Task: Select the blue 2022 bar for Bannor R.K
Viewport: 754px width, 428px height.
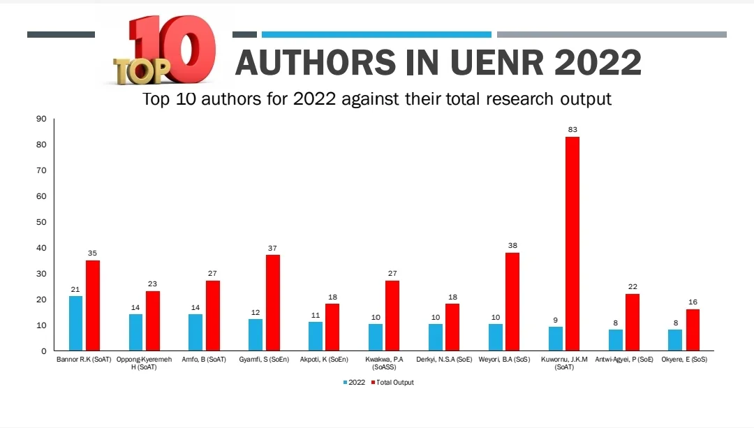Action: pos(75,323)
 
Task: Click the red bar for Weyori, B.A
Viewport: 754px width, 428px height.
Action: pos(512,301)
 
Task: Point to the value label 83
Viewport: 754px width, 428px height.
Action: pos(572,130)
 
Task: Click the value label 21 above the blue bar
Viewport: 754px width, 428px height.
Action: pos(75,289)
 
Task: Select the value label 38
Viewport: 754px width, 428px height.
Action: pos(512,246)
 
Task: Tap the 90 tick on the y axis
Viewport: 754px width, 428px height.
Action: pos(40,119)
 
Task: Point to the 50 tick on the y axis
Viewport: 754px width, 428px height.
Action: pos(40,222)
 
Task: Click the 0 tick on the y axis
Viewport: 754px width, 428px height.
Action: pos(43,351)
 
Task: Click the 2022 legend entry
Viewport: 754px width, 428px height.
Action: pos(355,383)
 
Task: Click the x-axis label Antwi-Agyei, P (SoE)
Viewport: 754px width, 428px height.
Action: pos(623,360)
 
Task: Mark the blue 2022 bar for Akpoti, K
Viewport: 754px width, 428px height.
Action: pos(316,336)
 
